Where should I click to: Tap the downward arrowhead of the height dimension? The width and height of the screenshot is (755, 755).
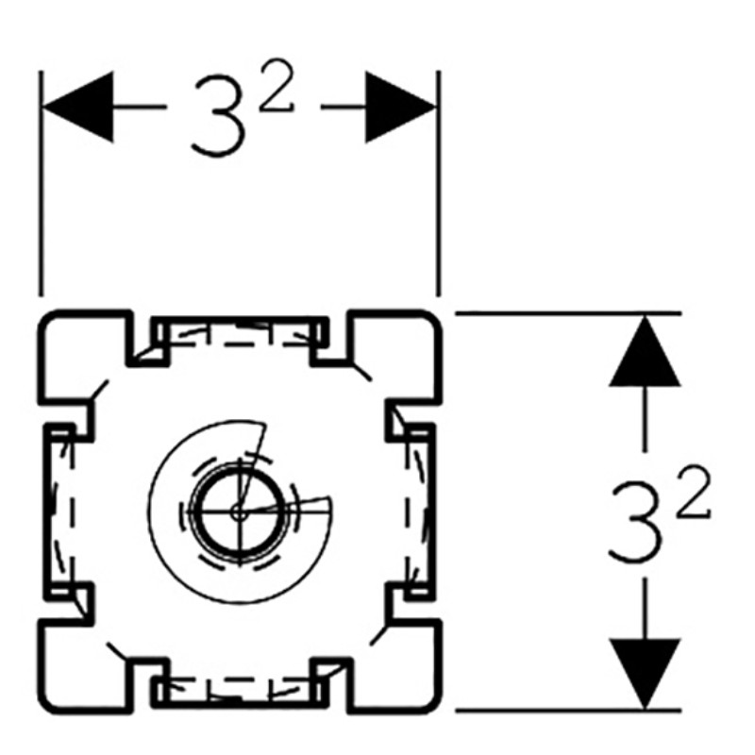coord(645,672)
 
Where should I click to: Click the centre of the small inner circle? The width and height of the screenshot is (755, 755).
coord(236,510)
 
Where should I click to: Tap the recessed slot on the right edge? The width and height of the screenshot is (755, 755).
coord(419,511)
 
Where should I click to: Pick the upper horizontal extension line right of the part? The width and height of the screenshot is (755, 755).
coord(566,312)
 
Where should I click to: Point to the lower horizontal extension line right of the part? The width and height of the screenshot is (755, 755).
coord(566,710)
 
